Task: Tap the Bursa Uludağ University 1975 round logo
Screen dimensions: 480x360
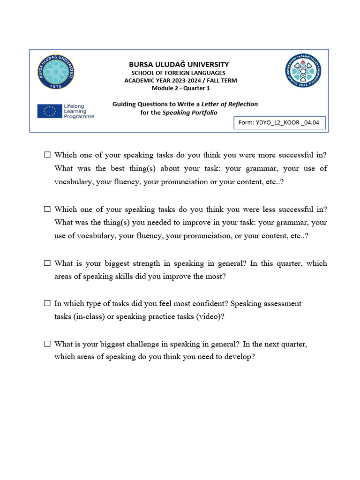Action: point(56,72)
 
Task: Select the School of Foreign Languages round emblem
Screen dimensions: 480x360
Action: point(303,72)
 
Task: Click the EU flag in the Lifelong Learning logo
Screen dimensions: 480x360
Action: point(50,111)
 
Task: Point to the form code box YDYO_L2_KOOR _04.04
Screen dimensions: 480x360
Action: point(279,123)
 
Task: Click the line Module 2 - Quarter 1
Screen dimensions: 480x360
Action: point(180,88)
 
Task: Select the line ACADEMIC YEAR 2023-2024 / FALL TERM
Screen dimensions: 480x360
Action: point(180,81)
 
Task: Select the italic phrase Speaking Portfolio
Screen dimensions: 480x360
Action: point(190,112)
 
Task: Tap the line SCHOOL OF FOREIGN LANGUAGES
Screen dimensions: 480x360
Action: point(178,73)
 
